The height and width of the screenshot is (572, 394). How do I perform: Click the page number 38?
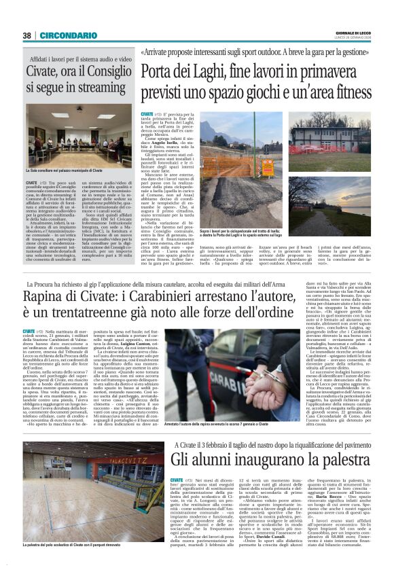click(26, 35)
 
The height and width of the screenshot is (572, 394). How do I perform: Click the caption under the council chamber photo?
click(68, 169)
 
